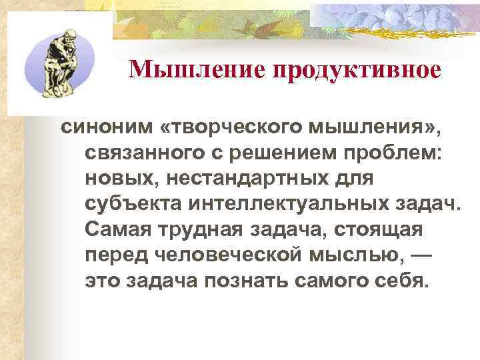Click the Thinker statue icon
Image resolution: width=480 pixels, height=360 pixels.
(x=57, y=64)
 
